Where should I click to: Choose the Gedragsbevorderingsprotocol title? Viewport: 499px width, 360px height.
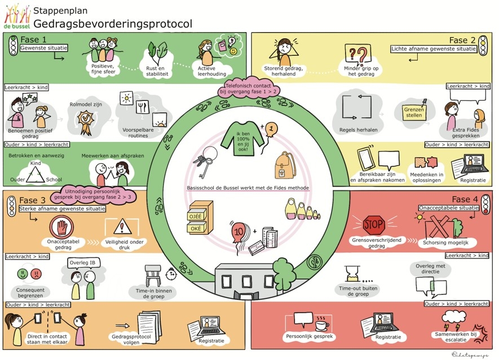coord(112,24)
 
